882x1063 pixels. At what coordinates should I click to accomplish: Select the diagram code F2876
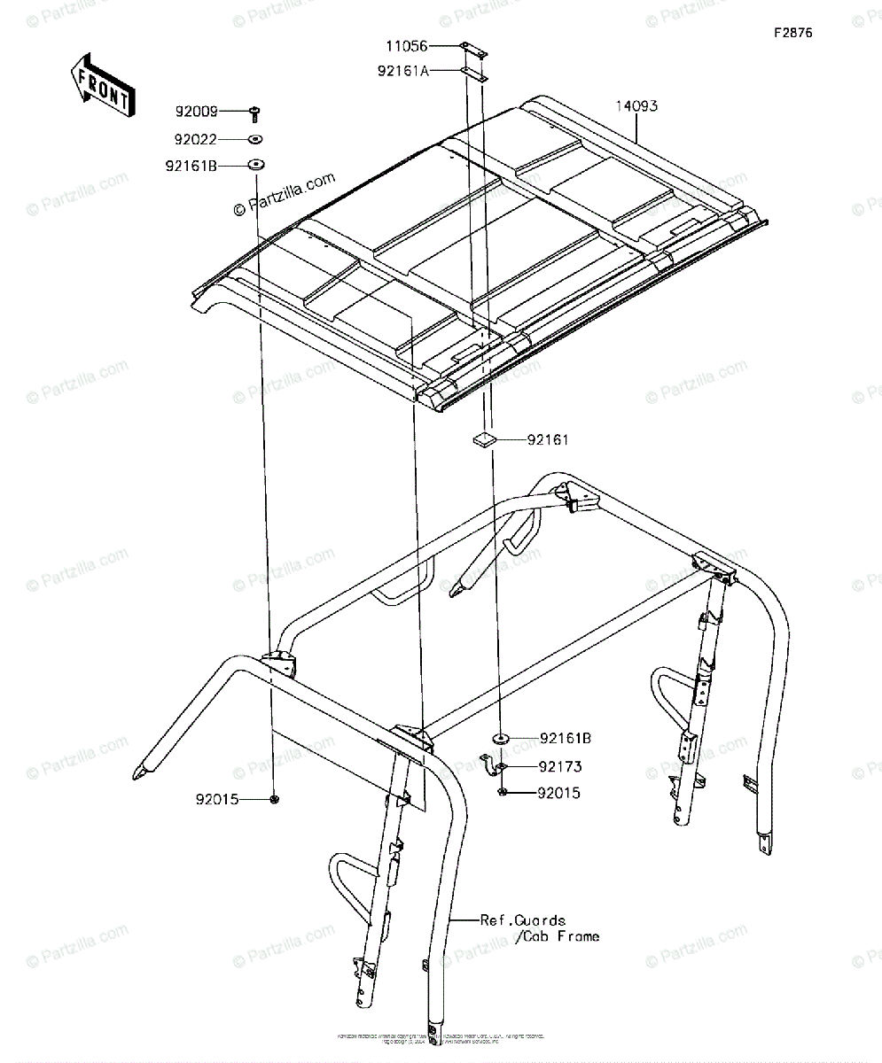[792, 34]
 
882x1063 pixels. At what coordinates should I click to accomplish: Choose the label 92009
[196, 113]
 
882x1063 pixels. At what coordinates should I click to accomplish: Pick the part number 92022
[196, 139]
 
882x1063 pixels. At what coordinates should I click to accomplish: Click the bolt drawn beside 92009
[255, 112]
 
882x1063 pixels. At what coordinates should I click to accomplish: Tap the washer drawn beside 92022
[255, 139]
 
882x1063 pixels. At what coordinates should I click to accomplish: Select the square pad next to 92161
[484, 438]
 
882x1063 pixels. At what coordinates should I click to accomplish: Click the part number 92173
[559, 766]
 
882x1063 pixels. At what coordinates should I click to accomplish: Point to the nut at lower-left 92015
[275, 799]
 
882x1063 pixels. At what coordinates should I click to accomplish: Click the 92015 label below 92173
[558, 794]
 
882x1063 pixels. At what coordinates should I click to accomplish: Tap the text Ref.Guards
[523, 920]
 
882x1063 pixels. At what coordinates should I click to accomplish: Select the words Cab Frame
[560, 936]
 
